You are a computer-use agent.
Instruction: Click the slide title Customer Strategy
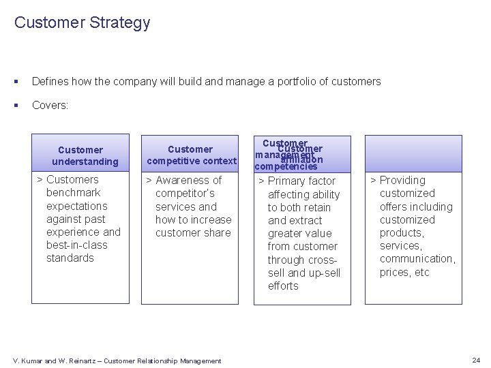[x=82, y=22]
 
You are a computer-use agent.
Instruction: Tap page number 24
[x=475, y=360]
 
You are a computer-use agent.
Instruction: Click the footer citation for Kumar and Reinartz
[x=117, y=361]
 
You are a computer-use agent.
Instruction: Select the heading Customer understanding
[x=80, y=155]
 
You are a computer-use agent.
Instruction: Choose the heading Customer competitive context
[x=191, y=155]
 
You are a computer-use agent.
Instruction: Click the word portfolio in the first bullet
[x=286, y=82]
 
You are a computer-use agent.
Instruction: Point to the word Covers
[x=50, y=106]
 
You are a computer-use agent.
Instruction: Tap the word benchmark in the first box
[x=74, y=193]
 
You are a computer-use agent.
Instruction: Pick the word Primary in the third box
[x=287, y=181]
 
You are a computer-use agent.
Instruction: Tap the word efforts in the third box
[x=283, y=286]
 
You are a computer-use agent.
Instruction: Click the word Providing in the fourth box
[x=402, y=180]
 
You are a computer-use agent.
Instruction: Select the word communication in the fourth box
[x=417, y=258]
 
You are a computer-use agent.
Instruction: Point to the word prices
[x=395, y=272]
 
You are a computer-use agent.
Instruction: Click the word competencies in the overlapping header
[x=286, y=166]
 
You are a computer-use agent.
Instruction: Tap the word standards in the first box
[x=70, y=258]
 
